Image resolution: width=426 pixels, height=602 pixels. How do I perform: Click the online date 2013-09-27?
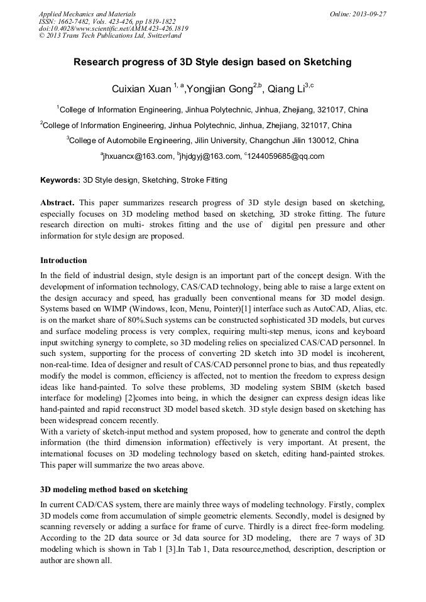(x=369, y=14)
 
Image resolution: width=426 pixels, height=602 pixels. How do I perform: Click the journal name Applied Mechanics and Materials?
(x=87, y=14)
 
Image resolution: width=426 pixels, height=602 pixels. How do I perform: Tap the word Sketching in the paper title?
(x=319, y=62)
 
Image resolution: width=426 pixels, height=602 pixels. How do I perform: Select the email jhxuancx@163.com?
(x=136, y=156)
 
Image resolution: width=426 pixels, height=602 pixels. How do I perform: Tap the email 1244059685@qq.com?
(x=287, y=156)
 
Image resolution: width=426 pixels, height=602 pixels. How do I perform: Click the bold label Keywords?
(x=60, y=180)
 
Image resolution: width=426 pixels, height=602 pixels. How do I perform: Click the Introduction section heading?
(x=63, y=260)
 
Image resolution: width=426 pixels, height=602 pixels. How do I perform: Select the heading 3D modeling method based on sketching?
(x=114, y=488)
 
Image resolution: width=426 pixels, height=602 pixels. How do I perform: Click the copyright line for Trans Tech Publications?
(x=110, y=36)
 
